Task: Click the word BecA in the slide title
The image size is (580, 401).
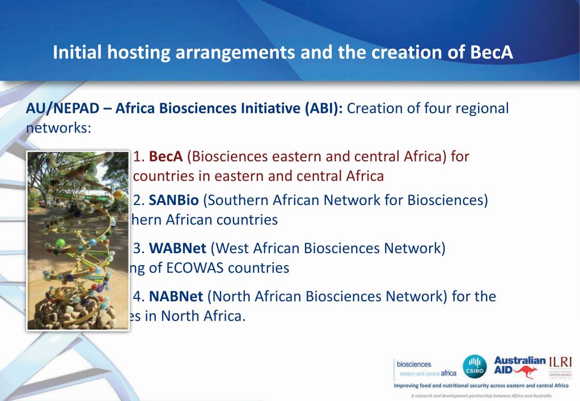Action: click(492, 52)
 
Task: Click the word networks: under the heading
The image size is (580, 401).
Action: click(58, 127)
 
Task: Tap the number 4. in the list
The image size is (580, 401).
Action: click(139, 296)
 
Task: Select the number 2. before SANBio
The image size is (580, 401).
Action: click(139, 200)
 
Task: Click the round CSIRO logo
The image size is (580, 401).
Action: click(475, 366)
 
